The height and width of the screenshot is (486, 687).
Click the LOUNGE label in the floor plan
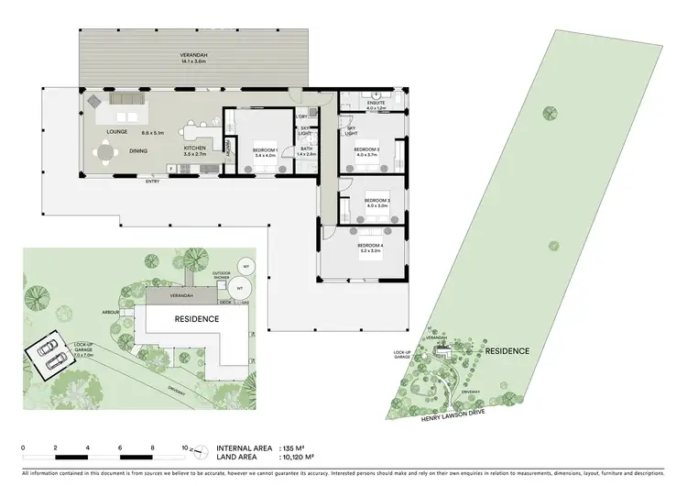[116, 132]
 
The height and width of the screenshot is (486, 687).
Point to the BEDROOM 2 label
[366, 149]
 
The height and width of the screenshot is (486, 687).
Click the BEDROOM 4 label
[370, 246]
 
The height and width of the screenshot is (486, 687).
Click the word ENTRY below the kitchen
[152, 181]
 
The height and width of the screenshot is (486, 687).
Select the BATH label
[305, 149]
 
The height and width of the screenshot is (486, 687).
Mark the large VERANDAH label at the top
[192, 56]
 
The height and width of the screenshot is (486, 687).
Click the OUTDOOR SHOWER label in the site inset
[222, 274]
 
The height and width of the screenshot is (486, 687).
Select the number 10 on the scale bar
[185, 447]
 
